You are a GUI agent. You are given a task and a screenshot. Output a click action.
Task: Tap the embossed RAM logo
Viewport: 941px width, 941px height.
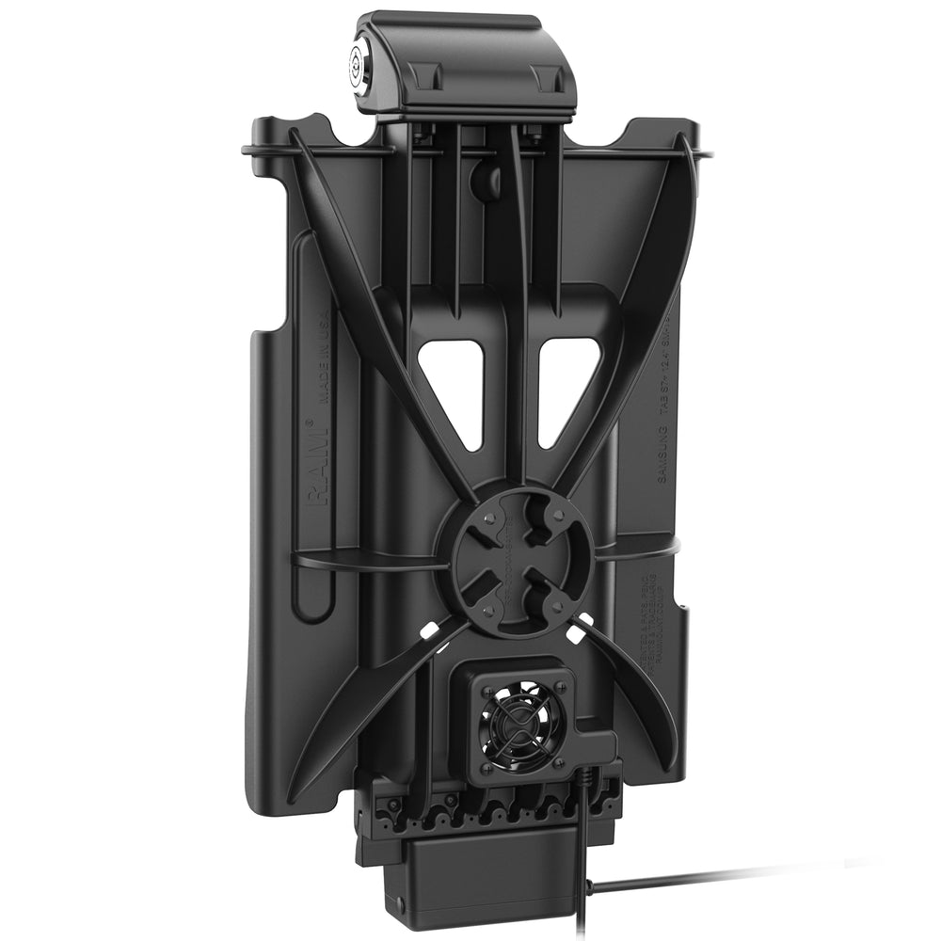315,468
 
